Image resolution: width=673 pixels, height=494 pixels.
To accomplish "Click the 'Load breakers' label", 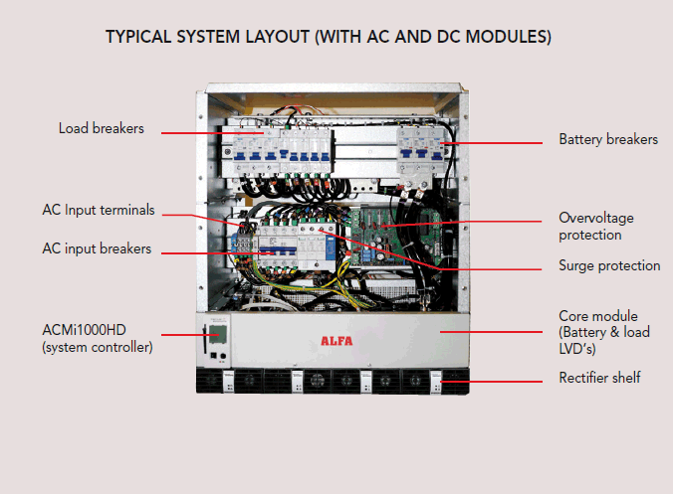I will (x=101, y=128).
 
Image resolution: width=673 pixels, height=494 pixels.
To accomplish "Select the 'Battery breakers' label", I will (x=608, y=140).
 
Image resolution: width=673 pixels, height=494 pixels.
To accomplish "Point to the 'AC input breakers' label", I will (x=97, y=248).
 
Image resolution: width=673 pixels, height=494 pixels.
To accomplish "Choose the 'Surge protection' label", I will (x=609, y=265).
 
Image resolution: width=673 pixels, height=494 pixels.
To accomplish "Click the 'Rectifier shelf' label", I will (x=599, y=378).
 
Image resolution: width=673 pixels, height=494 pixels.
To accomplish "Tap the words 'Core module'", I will (x=598, y=317).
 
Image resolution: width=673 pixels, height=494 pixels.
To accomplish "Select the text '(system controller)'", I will (x=97, y=348).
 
